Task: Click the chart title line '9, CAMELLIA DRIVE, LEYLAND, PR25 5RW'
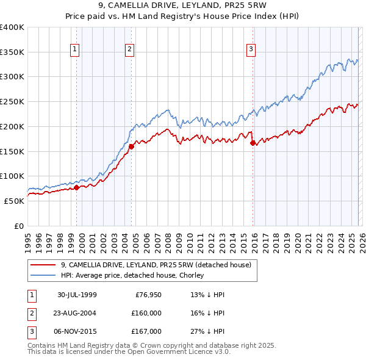[182, 7]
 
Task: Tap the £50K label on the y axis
[14, 201]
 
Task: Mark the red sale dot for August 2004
[132, 146]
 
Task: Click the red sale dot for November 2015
[253, 143]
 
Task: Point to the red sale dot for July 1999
[77, 188]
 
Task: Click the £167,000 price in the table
[146, 331]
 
